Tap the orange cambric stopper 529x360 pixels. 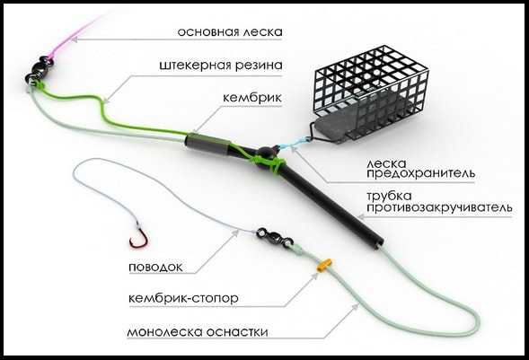pyautogui.click(x=324, y=265)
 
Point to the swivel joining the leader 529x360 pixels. pyautogui.click(x=274, y=238)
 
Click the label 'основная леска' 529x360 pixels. pyautogui.click(x=230, y=31)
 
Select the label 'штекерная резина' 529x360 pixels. pyautogui.click(x=221, y=65)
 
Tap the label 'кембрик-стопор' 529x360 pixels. pyautogui.click(x=183, y=298)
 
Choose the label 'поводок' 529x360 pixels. pyautogui.click(x=156, y=267)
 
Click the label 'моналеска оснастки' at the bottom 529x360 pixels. pyautogui.click(x=198, y=331)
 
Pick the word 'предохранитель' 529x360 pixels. pyautogui.click(x=420, y=174)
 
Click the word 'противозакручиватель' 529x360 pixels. pyautogui.click(x=439, y=207)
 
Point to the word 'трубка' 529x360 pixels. pyautogui.click(x=389, y=196)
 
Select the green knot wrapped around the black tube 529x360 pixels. pyautogui.click(x=270, y=162)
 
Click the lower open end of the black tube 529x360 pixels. pyautogui.click(x=379, y=243)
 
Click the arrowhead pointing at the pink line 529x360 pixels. pyautogui.click(x=75, y=40)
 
